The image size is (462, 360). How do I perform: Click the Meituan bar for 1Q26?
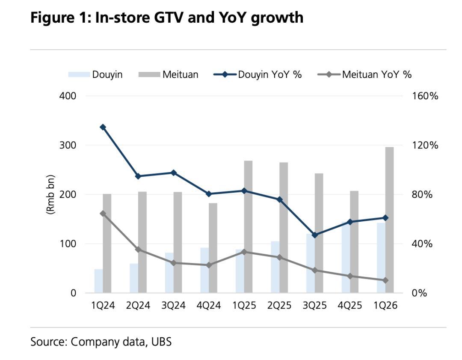click(x=389, y=220)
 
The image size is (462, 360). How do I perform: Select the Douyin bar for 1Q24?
click(x=99, y=281)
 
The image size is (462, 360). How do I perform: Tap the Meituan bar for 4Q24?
click(x=213, y=248)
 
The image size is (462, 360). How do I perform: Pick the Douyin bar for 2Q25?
click(x=275, y=267)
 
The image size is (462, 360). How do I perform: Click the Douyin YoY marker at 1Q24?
click(x=103, y=127)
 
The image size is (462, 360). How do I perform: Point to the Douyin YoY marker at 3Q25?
click(x=315, y=235)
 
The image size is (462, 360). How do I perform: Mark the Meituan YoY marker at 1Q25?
click(x=244, y=252)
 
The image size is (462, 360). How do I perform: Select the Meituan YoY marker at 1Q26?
click(x=385, y=280)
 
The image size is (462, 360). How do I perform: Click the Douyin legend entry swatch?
click(x=79, y=74)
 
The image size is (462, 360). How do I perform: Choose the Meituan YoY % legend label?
click(x=377, y=74)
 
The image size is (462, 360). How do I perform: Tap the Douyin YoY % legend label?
click(x=270, y=74)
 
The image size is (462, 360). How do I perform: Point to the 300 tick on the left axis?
click(x=68, y=145)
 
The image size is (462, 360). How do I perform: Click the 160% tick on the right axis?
click(x=425, y=96)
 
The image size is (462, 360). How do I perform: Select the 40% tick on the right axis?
click(x=422, y=244)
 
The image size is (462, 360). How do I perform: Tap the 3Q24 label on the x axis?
click(x=173, y=305)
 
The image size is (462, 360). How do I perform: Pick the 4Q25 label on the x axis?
click(x=350, y=305)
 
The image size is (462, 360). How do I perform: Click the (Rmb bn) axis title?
click(x=50, y=194)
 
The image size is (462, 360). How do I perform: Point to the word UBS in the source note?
click(x=161, y=342)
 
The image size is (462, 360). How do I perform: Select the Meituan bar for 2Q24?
click(x=142, y=242)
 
